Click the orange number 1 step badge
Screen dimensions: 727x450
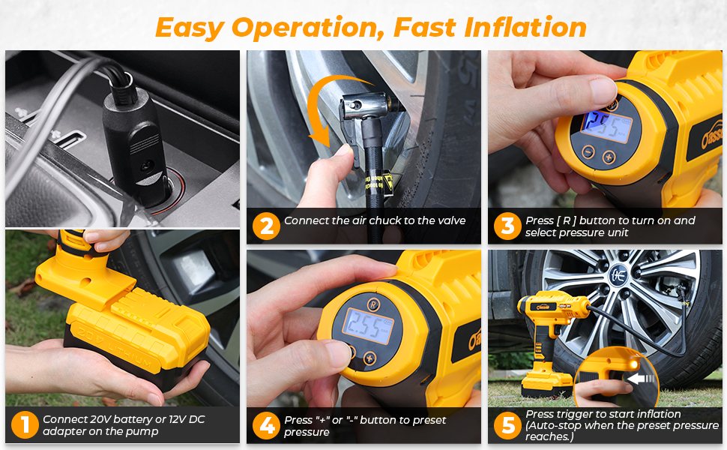pyautogui.click(x=25, y=425)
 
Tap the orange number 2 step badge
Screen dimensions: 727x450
pyautogui.click(x=266, y=226)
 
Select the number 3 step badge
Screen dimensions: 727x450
pyautogui.click(x=507, y=226)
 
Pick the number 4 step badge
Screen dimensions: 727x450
pyautogui.click(x=267, y=425)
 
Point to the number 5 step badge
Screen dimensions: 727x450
pyautogui.click(x=508, y=425)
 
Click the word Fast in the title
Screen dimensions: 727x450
pyautogui.click(x=424, y=27)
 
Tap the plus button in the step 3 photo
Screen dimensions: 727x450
pyautogui.click(x=609, y=157)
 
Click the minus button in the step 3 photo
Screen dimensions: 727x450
pyautogui.click(x=588, y=151)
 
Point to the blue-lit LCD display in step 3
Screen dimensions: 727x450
pyautogui.click(x=606, y=126)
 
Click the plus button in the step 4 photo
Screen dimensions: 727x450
pyautogui.click(x=369, y=358)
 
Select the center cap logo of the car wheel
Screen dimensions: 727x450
pyautogui.click(x=618, y=275)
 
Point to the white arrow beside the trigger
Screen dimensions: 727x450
pyautogui.click(x=641, y=379)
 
